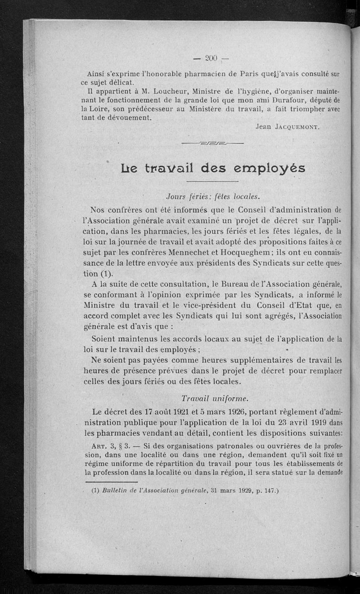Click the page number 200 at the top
pyautogui.click(x=211, y=58)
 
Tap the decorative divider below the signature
pyautogui.click(x=211, y=144)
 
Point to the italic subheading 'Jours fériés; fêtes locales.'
pyautogui.click(x=213, y=197)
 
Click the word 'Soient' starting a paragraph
pyautogui.click(x=105, y=338)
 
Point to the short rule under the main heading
pyautogui.click(x=211, y=182)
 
